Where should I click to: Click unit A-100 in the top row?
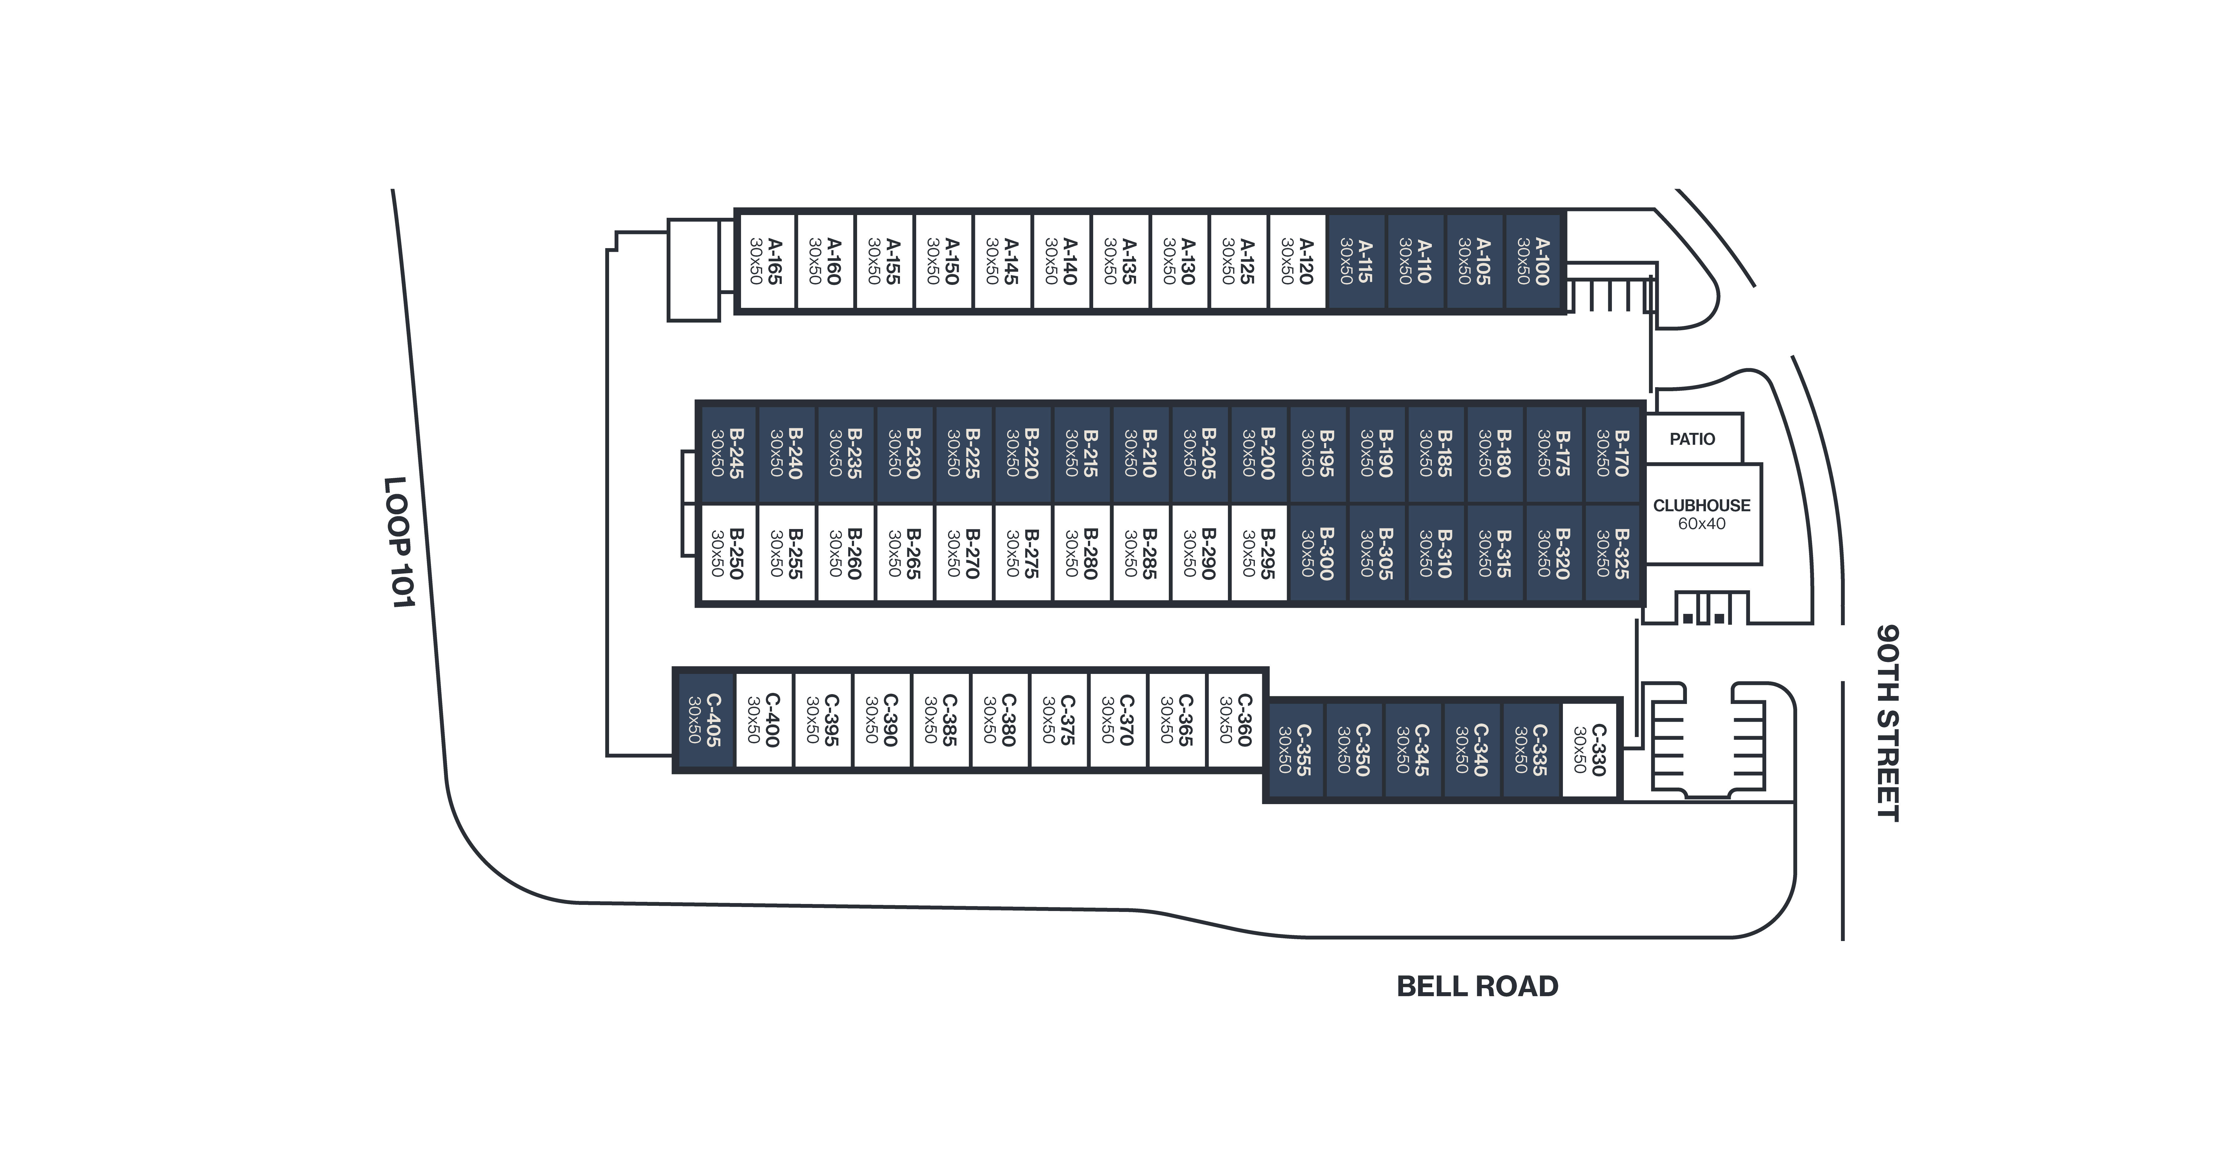coord(1534,261)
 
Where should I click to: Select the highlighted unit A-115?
coord(1356,261)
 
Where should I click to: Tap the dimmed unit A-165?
coord(766,261)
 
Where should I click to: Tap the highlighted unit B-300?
coord(1317,554)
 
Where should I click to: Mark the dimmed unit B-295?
coord(1259,554)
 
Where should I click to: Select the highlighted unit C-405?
coord(704,720)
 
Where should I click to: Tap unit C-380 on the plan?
coord(999,720)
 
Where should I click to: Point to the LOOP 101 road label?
coord(400,542)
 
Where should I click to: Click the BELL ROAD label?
coord(1477,986)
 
